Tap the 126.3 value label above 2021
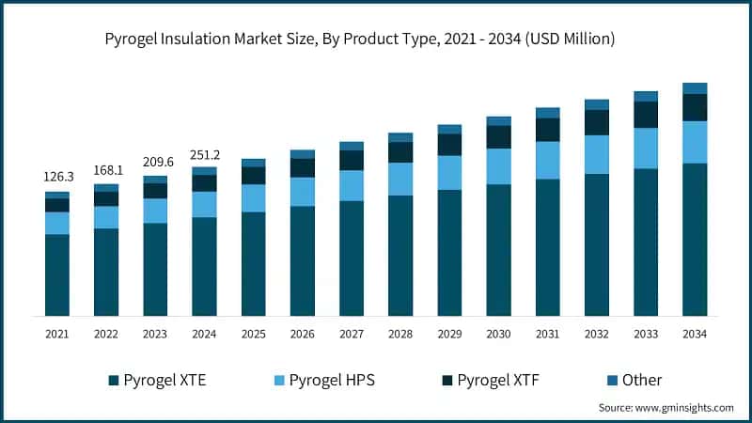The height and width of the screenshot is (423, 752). pyautogui.click(x=57, y=177)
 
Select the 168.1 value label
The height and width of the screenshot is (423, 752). pyautogui.click(x=106, y=169)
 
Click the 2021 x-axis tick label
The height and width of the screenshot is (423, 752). pyautogui.click(x=57, y=334)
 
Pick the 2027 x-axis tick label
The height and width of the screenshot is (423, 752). pyautogui.click(x=352, y=334)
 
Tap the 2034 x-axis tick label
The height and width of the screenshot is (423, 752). pyautogui.click(x=695, y=334)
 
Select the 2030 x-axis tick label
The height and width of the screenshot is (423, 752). pyautogui.click(x=498, y=334)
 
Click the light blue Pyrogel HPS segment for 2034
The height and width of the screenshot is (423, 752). pyautogui.click(x=695, y=142)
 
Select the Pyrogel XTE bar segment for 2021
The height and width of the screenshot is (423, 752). pyautogui.click(x=57, y=274)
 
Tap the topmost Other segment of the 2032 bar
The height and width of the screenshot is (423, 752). pyautogui.click(x=597, y=104)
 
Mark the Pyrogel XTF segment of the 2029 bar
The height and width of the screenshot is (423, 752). pyautogui.click(x=449, y=144)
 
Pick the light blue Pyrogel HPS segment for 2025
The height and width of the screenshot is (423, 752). pyautogui.click(x=254, y=197)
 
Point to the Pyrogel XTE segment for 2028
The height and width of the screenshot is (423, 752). pyautogui.click(x=400, y=255)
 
